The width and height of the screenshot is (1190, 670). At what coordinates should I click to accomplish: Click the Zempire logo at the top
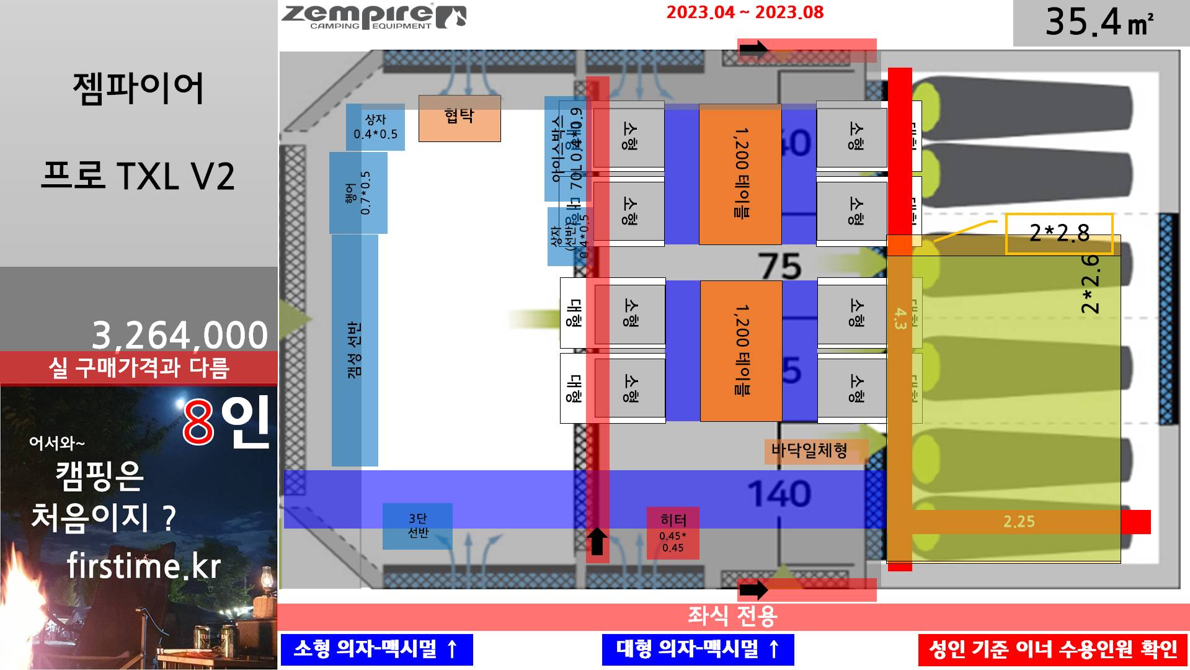[x=373, y=17]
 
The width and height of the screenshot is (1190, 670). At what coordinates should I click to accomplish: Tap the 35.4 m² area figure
[x=1099, y=22]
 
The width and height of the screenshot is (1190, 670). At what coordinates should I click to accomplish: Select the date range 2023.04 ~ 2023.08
[x=745, y=12]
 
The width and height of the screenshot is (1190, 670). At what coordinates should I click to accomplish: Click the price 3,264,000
[x=180, y=335]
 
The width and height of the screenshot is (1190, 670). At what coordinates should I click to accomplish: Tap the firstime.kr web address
[x=144, y=566]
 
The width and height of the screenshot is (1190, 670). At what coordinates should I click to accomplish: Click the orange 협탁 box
[x=460, y=118]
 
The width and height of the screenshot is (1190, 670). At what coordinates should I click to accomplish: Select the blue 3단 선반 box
[x=417, y=525]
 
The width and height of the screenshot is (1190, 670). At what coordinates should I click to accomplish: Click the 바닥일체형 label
[x=809, y=450]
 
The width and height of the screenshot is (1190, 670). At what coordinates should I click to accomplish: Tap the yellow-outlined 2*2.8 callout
[x=1059, y=233]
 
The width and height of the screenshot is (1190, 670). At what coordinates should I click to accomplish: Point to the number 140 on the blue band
[x=779, y=494]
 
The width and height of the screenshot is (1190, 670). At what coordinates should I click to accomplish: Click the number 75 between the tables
[x=780, y=267]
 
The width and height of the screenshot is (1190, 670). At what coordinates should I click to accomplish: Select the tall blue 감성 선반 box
[x=355, y=350]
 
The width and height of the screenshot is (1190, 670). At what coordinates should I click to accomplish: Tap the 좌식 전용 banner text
[x=732, y=617]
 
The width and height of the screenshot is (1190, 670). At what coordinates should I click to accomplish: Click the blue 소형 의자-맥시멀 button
[x=376, y=649]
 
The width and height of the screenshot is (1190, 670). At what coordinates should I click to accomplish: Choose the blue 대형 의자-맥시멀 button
[x=698, y=649]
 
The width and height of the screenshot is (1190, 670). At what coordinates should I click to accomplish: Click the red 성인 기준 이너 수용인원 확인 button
[x=1052, y=650]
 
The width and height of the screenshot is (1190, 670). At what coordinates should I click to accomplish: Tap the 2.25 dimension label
[x=1019, y=522]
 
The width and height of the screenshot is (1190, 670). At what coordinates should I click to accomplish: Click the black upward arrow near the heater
[x=597, y=542]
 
